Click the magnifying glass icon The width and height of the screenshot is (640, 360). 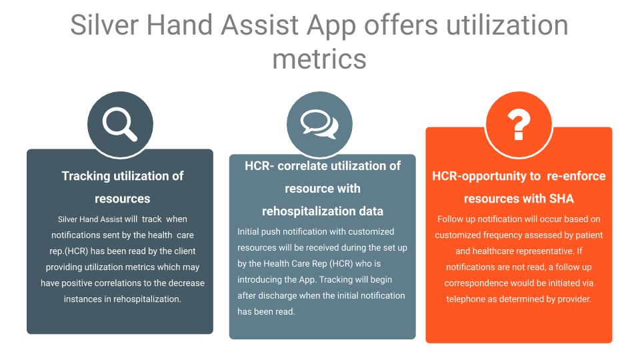[x=119, y=124]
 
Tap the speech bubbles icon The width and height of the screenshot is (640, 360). [x=319, y=125]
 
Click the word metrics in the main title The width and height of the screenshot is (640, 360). [x=319, y=59]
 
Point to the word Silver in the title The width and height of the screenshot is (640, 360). [x=105, y=25]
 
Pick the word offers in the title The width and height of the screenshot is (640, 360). [x=401, y=25]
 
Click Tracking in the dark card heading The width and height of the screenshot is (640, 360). [x=86, y=176]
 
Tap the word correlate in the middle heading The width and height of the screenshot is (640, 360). [x=302, y=166]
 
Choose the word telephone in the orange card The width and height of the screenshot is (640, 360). [x=465, y=299]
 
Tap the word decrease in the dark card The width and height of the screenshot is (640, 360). [x=186, y=283]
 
